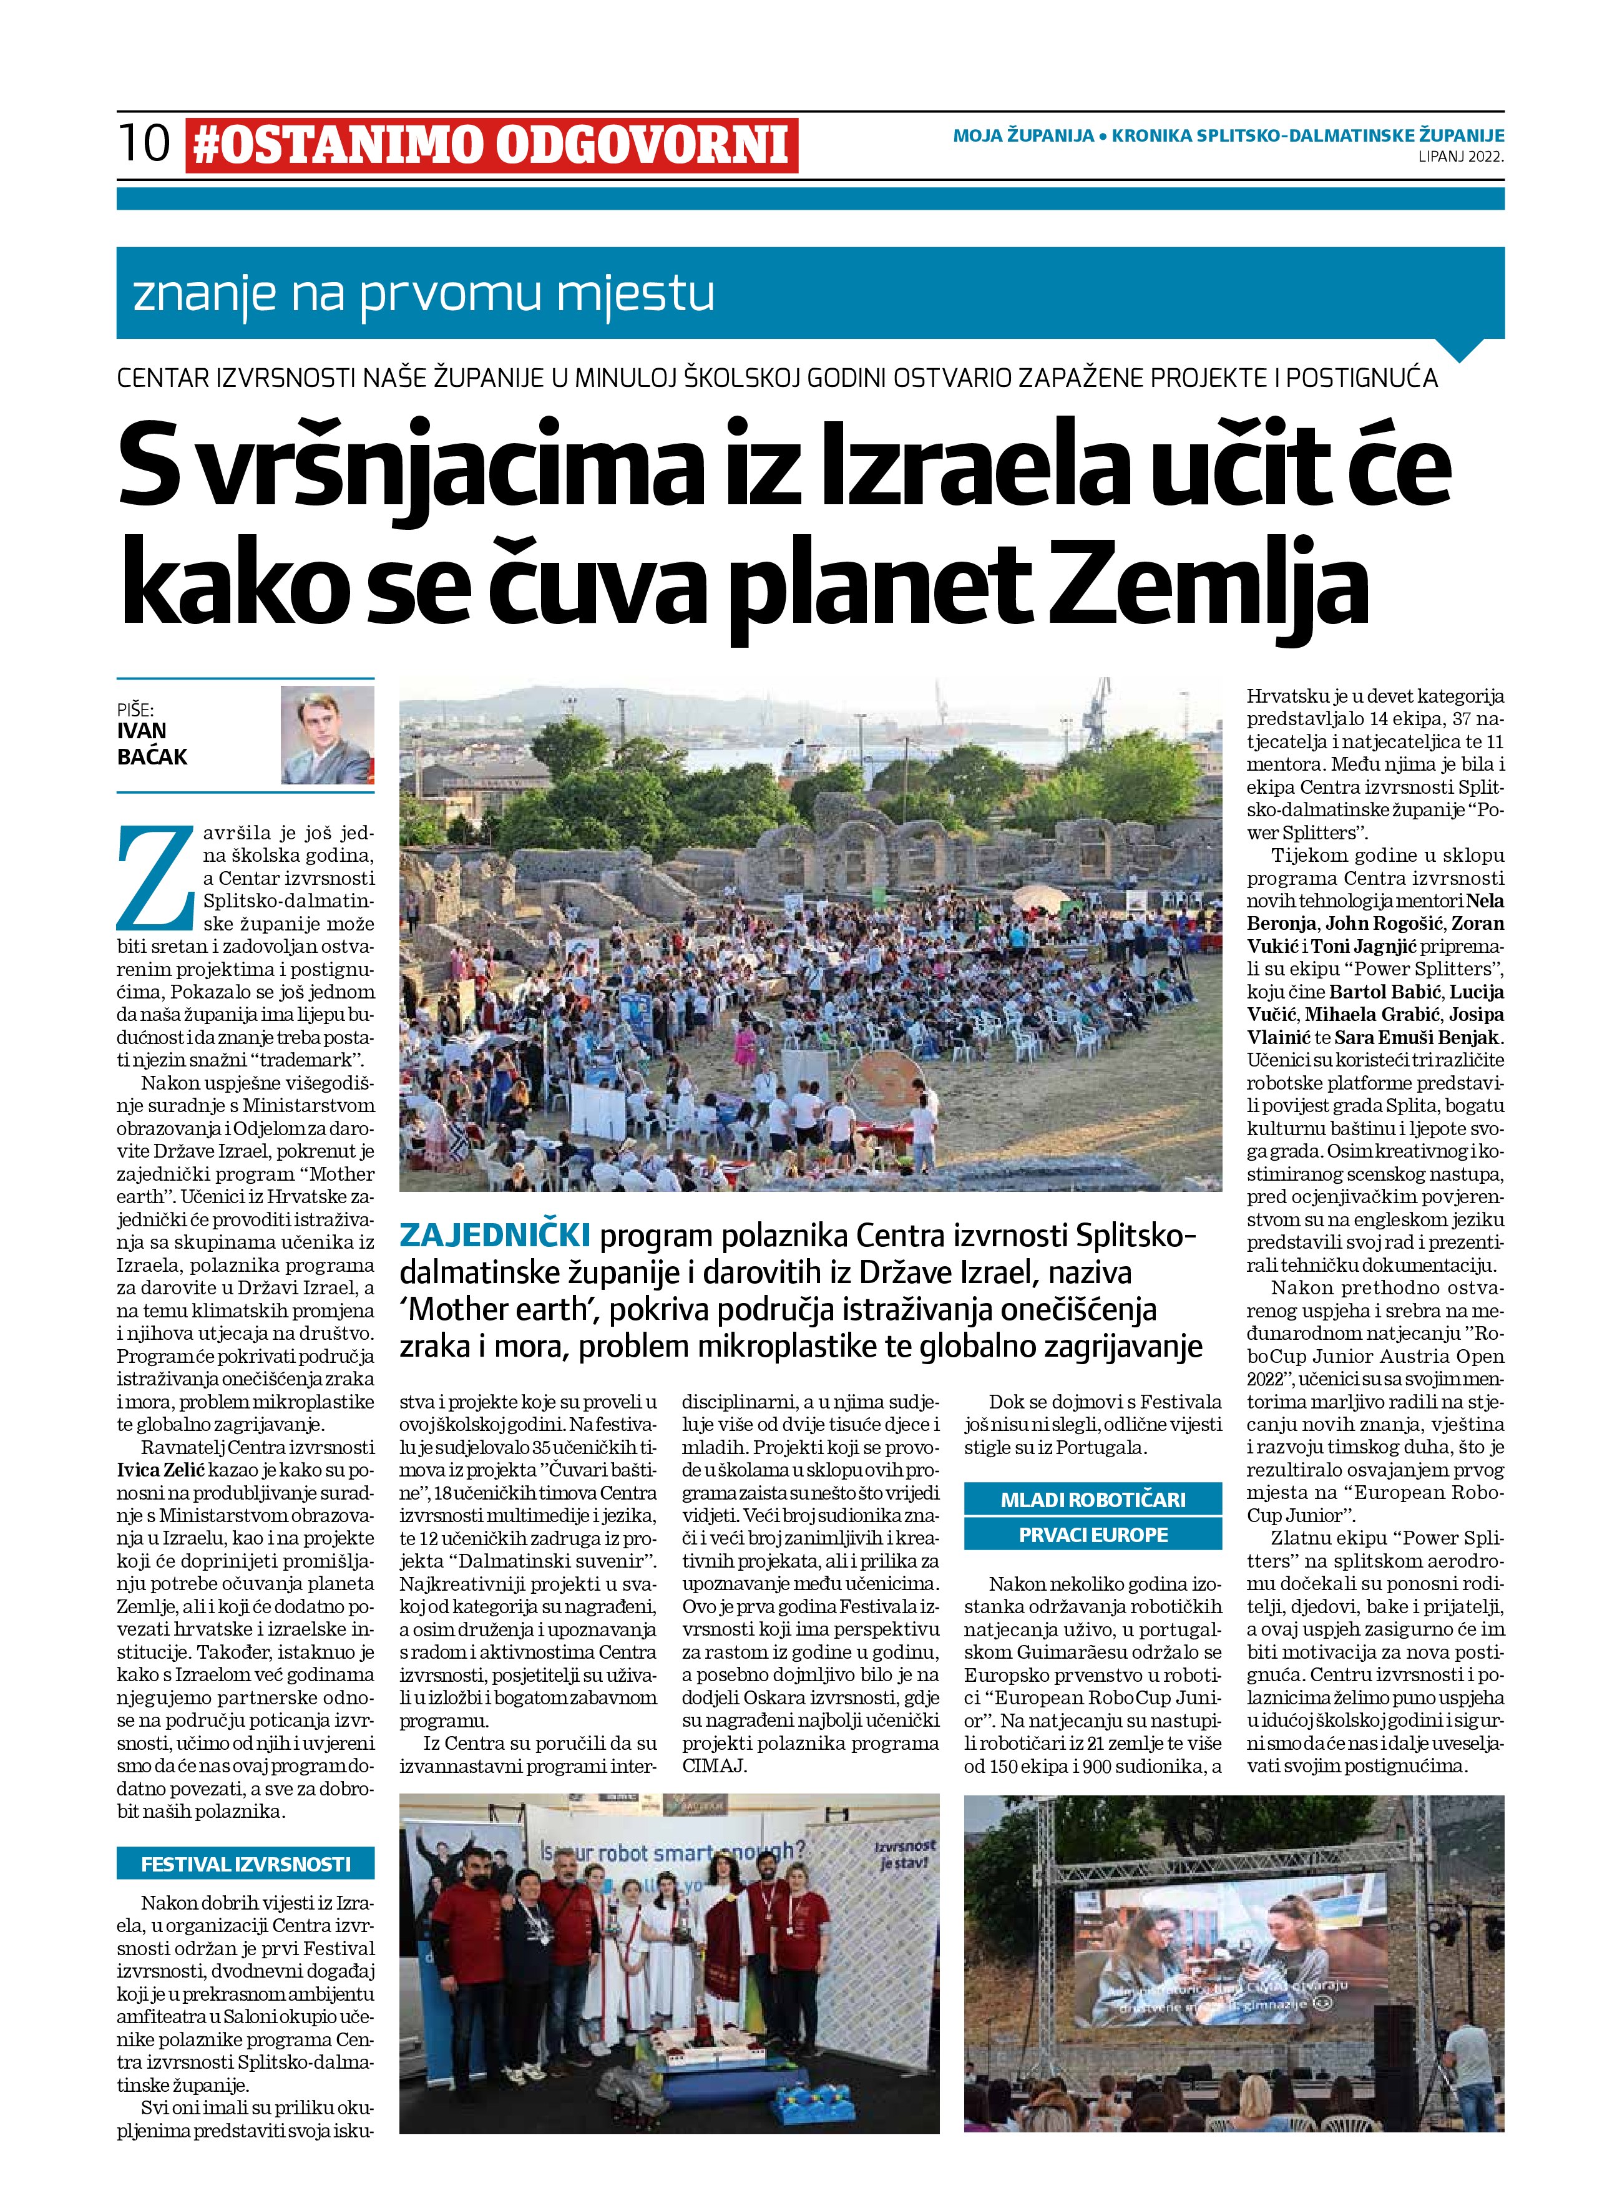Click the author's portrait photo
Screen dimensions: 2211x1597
coord(328,734)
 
